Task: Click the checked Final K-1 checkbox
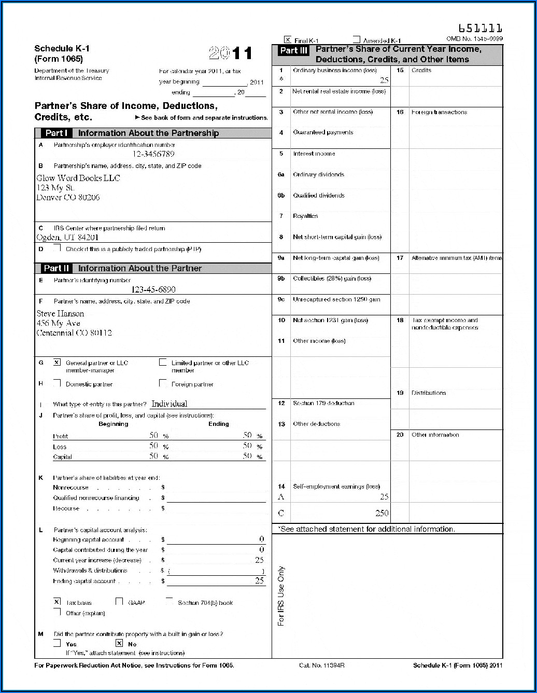point(288,39)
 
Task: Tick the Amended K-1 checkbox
point(357,39)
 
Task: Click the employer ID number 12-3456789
point(153,154)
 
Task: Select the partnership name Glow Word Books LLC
point(78,178)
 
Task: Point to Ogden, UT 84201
point(67,238)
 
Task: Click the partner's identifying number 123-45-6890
point(153,289)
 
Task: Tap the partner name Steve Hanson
point(60,313)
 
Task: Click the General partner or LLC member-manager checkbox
point(57,363)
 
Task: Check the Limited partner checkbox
point(163,363)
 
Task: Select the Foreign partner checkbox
point(163,383)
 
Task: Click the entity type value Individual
point(169,404)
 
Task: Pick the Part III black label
point(293,50)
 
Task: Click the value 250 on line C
point(381,513)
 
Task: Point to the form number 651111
point(480,28)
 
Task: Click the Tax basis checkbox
point(57,602)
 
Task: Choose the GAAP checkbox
point(119,602)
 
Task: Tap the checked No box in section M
point(119,643)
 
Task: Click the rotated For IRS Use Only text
point(281,597)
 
